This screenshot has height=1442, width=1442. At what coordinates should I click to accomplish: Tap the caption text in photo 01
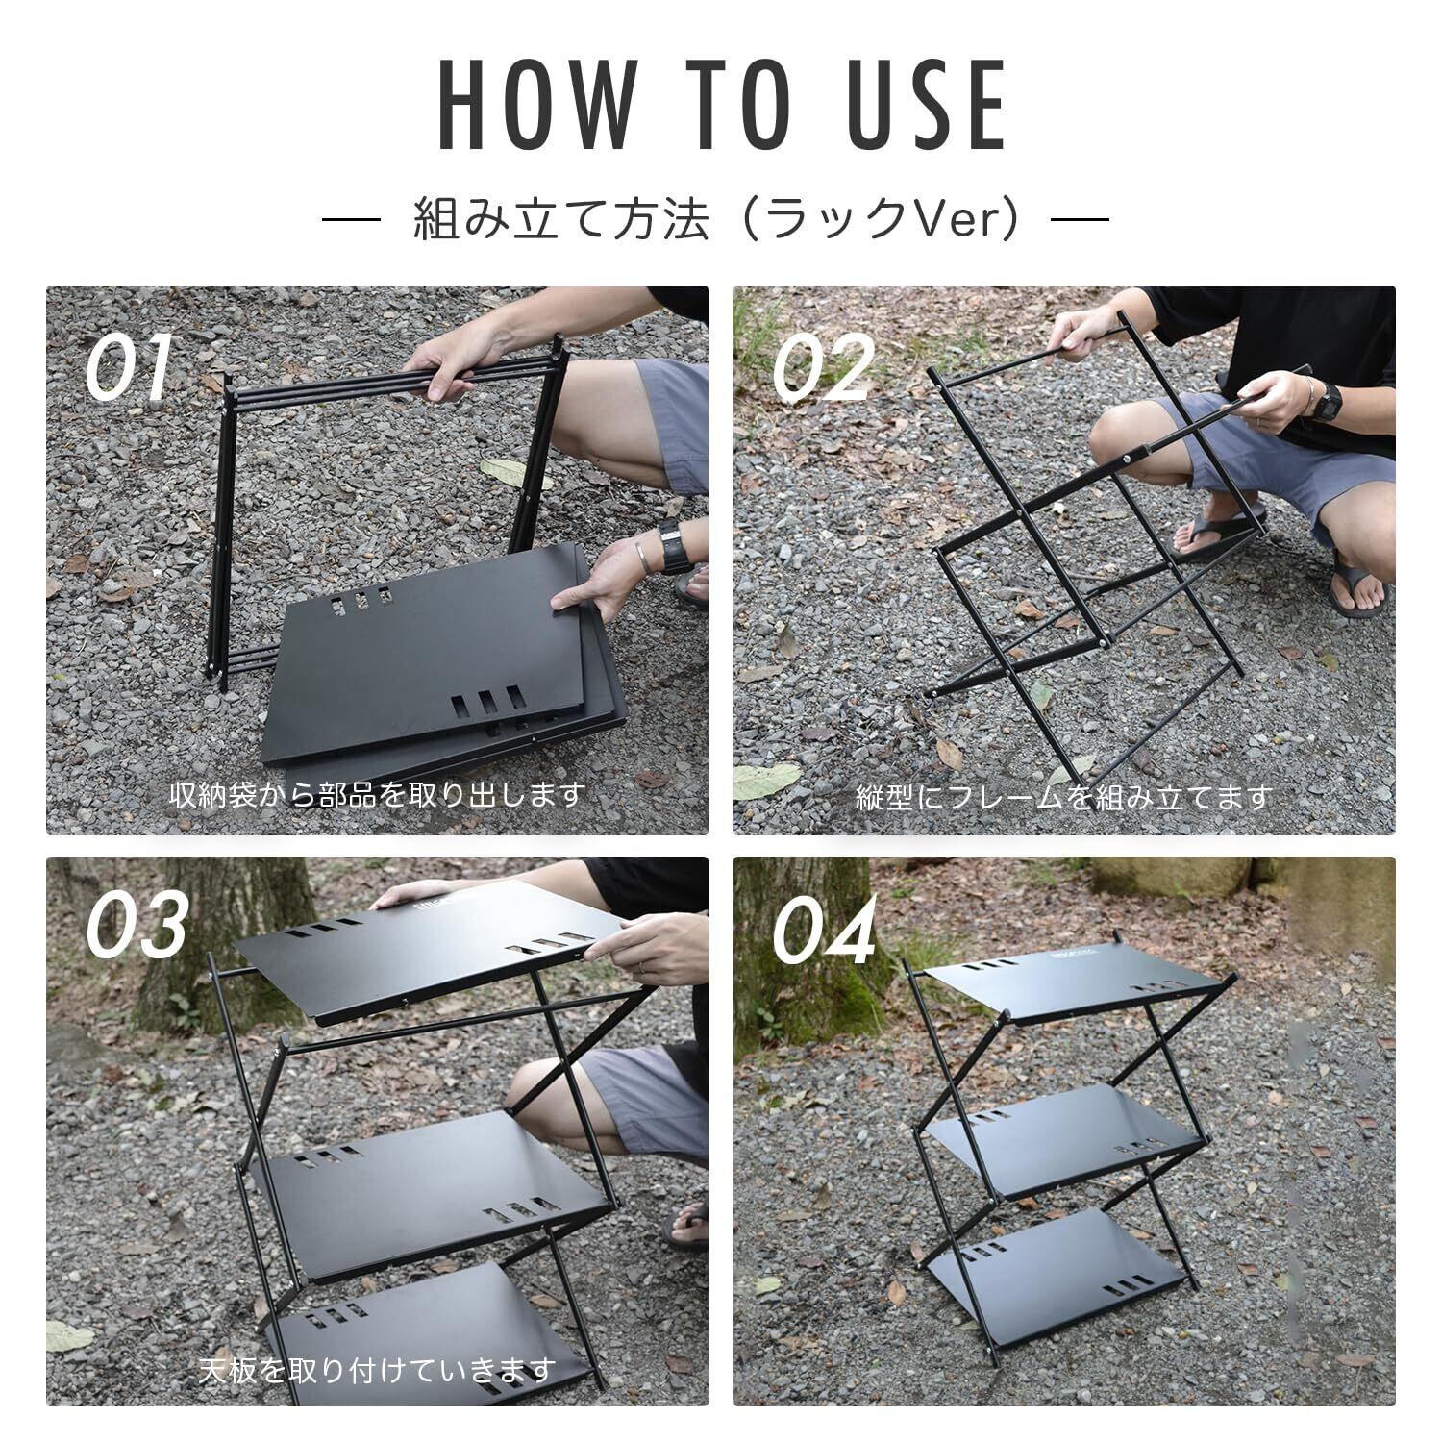click(x=377, y=795)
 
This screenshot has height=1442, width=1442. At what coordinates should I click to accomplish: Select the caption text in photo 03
click(x=377, y=1368)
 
